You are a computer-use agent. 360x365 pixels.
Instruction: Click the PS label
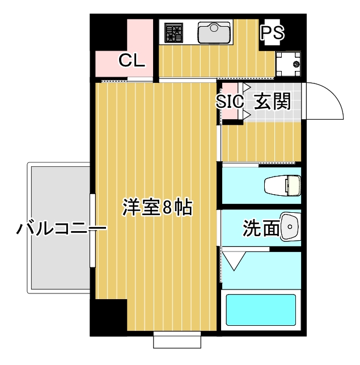[x=273, y=33]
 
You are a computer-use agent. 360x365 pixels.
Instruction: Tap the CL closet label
[x=132, y=60]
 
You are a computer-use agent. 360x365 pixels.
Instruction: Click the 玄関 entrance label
[x=272, y=101]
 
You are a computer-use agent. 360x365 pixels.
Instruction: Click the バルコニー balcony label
[x=61, y=229]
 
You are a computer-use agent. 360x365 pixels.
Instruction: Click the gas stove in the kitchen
[x=172, y=33]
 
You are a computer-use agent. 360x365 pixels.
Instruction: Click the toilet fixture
[x=283, y=186]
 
